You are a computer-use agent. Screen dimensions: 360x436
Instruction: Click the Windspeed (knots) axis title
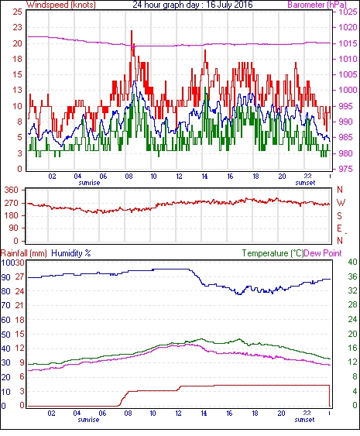click(x=61, y=5)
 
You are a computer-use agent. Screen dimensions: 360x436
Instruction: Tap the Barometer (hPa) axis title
click(x=317, y=5)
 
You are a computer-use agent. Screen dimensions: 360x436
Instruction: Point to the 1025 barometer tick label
click(x=348, y=12)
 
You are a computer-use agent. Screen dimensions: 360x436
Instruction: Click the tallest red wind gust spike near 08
click(x=132, y=31)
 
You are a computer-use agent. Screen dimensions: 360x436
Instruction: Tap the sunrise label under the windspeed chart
click(x=89, y=183)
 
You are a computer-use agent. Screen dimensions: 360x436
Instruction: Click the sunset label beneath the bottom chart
click(x=304, y=419)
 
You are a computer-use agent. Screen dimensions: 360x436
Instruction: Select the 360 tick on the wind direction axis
click(x=11, y=191)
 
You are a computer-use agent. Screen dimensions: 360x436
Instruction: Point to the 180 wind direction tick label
click(x=11, y=215)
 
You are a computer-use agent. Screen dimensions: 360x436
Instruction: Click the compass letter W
click(x=341, y=203)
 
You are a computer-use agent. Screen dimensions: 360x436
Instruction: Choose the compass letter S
click(x=339, y=215)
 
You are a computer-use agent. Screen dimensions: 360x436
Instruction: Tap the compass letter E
click(x=339, y=228)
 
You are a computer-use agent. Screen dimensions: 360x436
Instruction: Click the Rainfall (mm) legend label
click(x=23, y=253)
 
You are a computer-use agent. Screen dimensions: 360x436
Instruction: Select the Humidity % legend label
click(x=71, y=253)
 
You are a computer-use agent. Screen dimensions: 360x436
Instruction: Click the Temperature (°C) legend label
click(x=273, y=253)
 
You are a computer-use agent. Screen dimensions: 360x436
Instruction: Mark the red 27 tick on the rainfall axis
click(x=19, y=277)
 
